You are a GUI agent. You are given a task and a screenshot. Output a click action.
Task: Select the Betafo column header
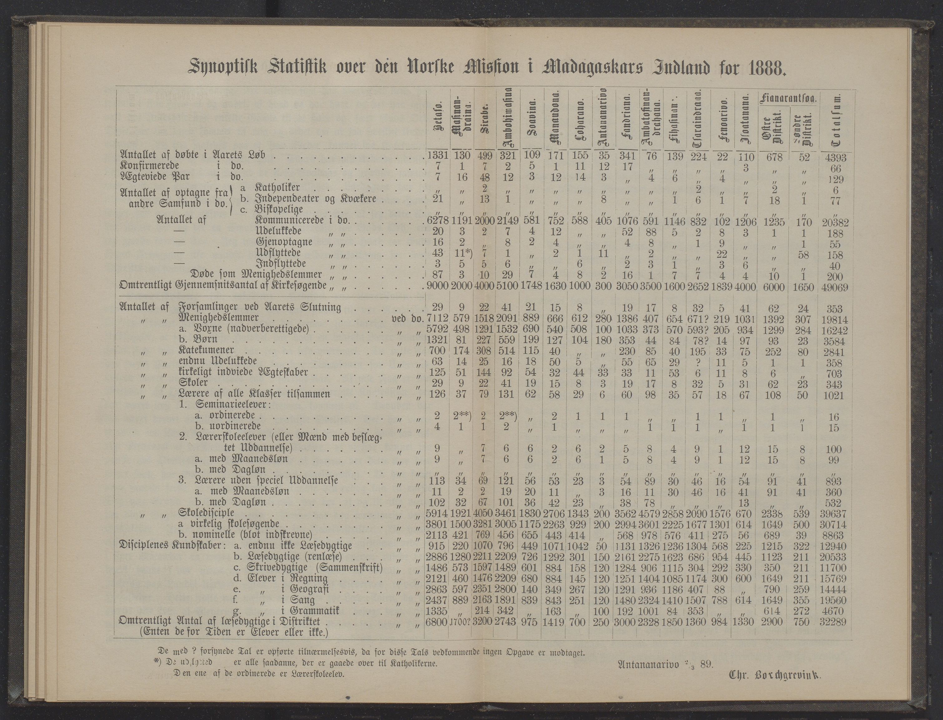point(438,124)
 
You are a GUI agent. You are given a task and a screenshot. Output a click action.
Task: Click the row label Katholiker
point(277,187)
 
